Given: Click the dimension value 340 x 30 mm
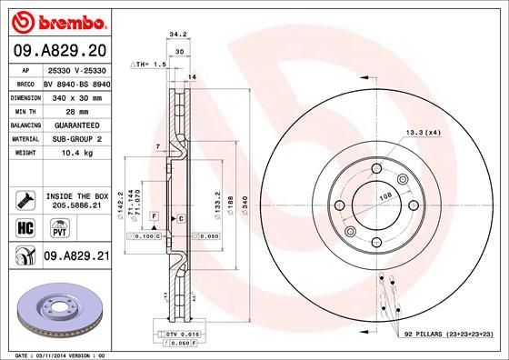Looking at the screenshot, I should (75, 95).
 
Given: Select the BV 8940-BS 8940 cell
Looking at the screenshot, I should (75, 83).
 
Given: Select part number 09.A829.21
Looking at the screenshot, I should (75, 258).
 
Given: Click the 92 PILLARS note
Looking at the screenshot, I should (447, 335).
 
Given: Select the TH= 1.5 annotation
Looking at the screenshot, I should (151, 65).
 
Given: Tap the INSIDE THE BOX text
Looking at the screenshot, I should (76, 195).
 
